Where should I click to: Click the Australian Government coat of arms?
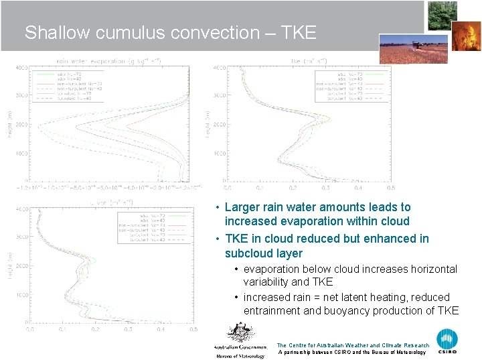point(240,333)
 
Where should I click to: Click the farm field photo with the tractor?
point(414,49)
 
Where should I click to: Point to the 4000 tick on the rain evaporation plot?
point(21,68)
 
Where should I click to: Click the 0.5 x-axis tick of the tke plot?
point(390,188)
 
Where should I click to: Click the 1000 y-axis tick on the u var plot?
point(21,294)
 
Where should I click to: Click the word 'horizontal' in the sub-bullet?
point(432,269)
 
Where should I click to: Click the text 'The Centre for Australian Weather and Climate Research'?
point(353,345)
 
